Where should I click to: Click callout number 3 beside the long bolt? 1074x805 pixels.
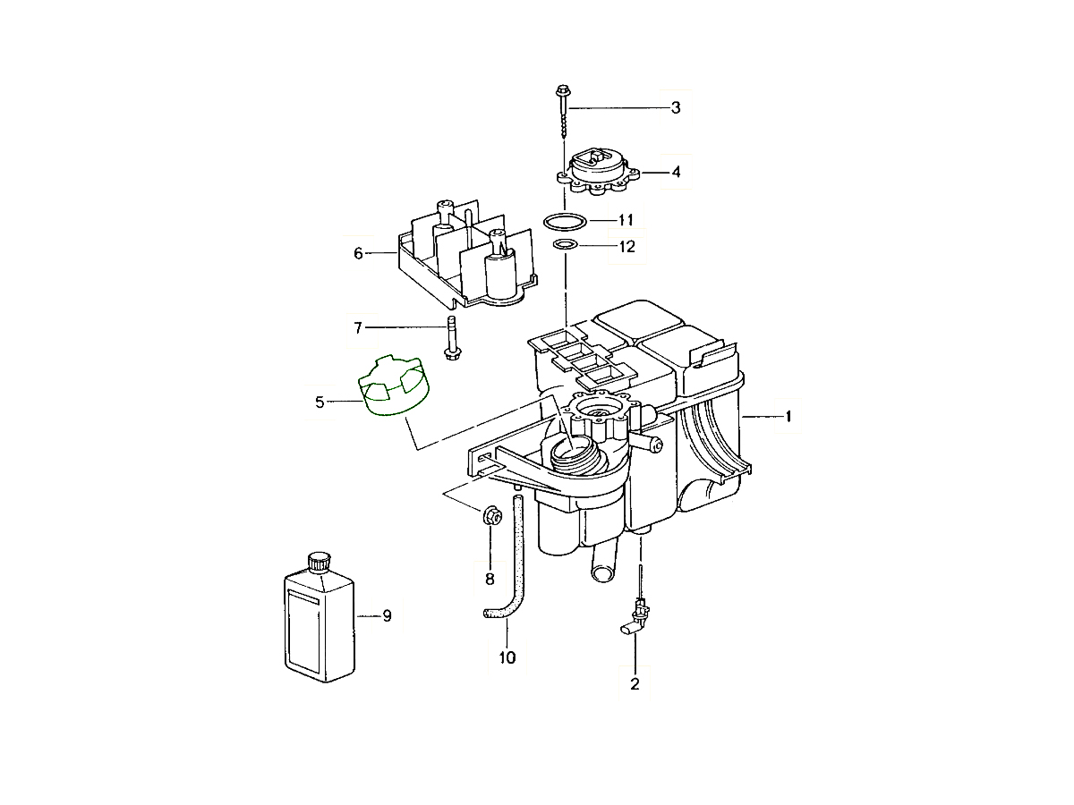point(675,107)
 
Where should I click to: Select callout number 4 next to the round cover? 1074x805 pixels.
point(676,172)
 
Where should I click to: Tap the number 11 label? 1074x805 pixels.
point(626,220)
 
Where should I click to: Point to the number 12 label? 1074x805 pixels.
point(626,246)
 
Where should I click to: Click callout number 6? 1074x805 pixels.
point(358,253)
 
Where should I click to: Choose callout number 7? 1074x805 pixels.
point(358,327)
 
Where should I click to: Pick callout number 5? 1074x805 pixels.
point(320,402)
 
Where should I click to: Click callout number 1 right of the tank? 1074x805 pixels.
point(788,417)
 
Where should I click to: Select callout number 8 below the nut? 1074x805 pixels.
point(490,580)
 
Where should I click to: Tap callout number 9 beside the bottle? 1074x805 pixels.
point(387,616)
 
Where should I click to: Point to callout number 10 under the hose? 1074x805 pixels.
point(507,657)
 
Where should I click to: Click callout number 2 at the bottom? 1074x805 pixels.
point(635,683)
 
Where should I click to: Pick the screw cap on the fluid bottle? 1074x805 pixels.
point(319,563)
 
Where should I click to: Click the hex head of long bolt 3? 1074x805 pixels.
point(562,90)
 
